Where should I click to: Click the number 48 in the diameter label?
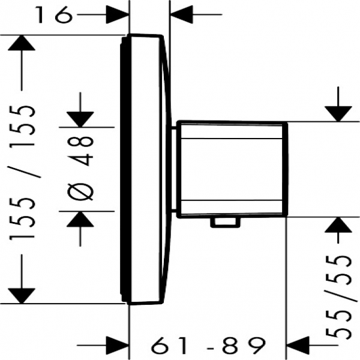click(80, 151)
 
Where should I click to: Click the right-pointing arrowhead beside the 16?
click(117, 14)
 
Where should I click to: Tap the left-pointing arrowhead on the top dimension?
click(181, 14)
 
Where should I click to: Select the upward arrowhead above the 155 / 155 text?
click(22, 43)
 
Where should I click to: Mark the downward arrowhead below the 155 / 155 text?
click(22, 296)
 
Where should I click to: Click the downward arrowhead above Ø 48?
click(80, 119)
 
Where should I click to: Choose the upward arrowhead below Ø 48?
click(80, 219)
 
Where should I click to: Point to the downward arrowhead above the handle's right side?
click(338, 114)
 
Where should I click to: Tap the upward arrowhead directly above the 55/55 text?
click(338, 224)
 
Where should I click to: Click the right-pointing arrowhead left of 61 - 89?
click(117, 345)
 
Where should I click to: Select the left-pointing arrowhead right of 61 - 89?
click(298, 345)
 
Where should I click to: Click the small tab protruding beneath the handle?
click(226, 223)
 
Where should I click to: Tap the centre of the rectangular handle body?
click(232, 169)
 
